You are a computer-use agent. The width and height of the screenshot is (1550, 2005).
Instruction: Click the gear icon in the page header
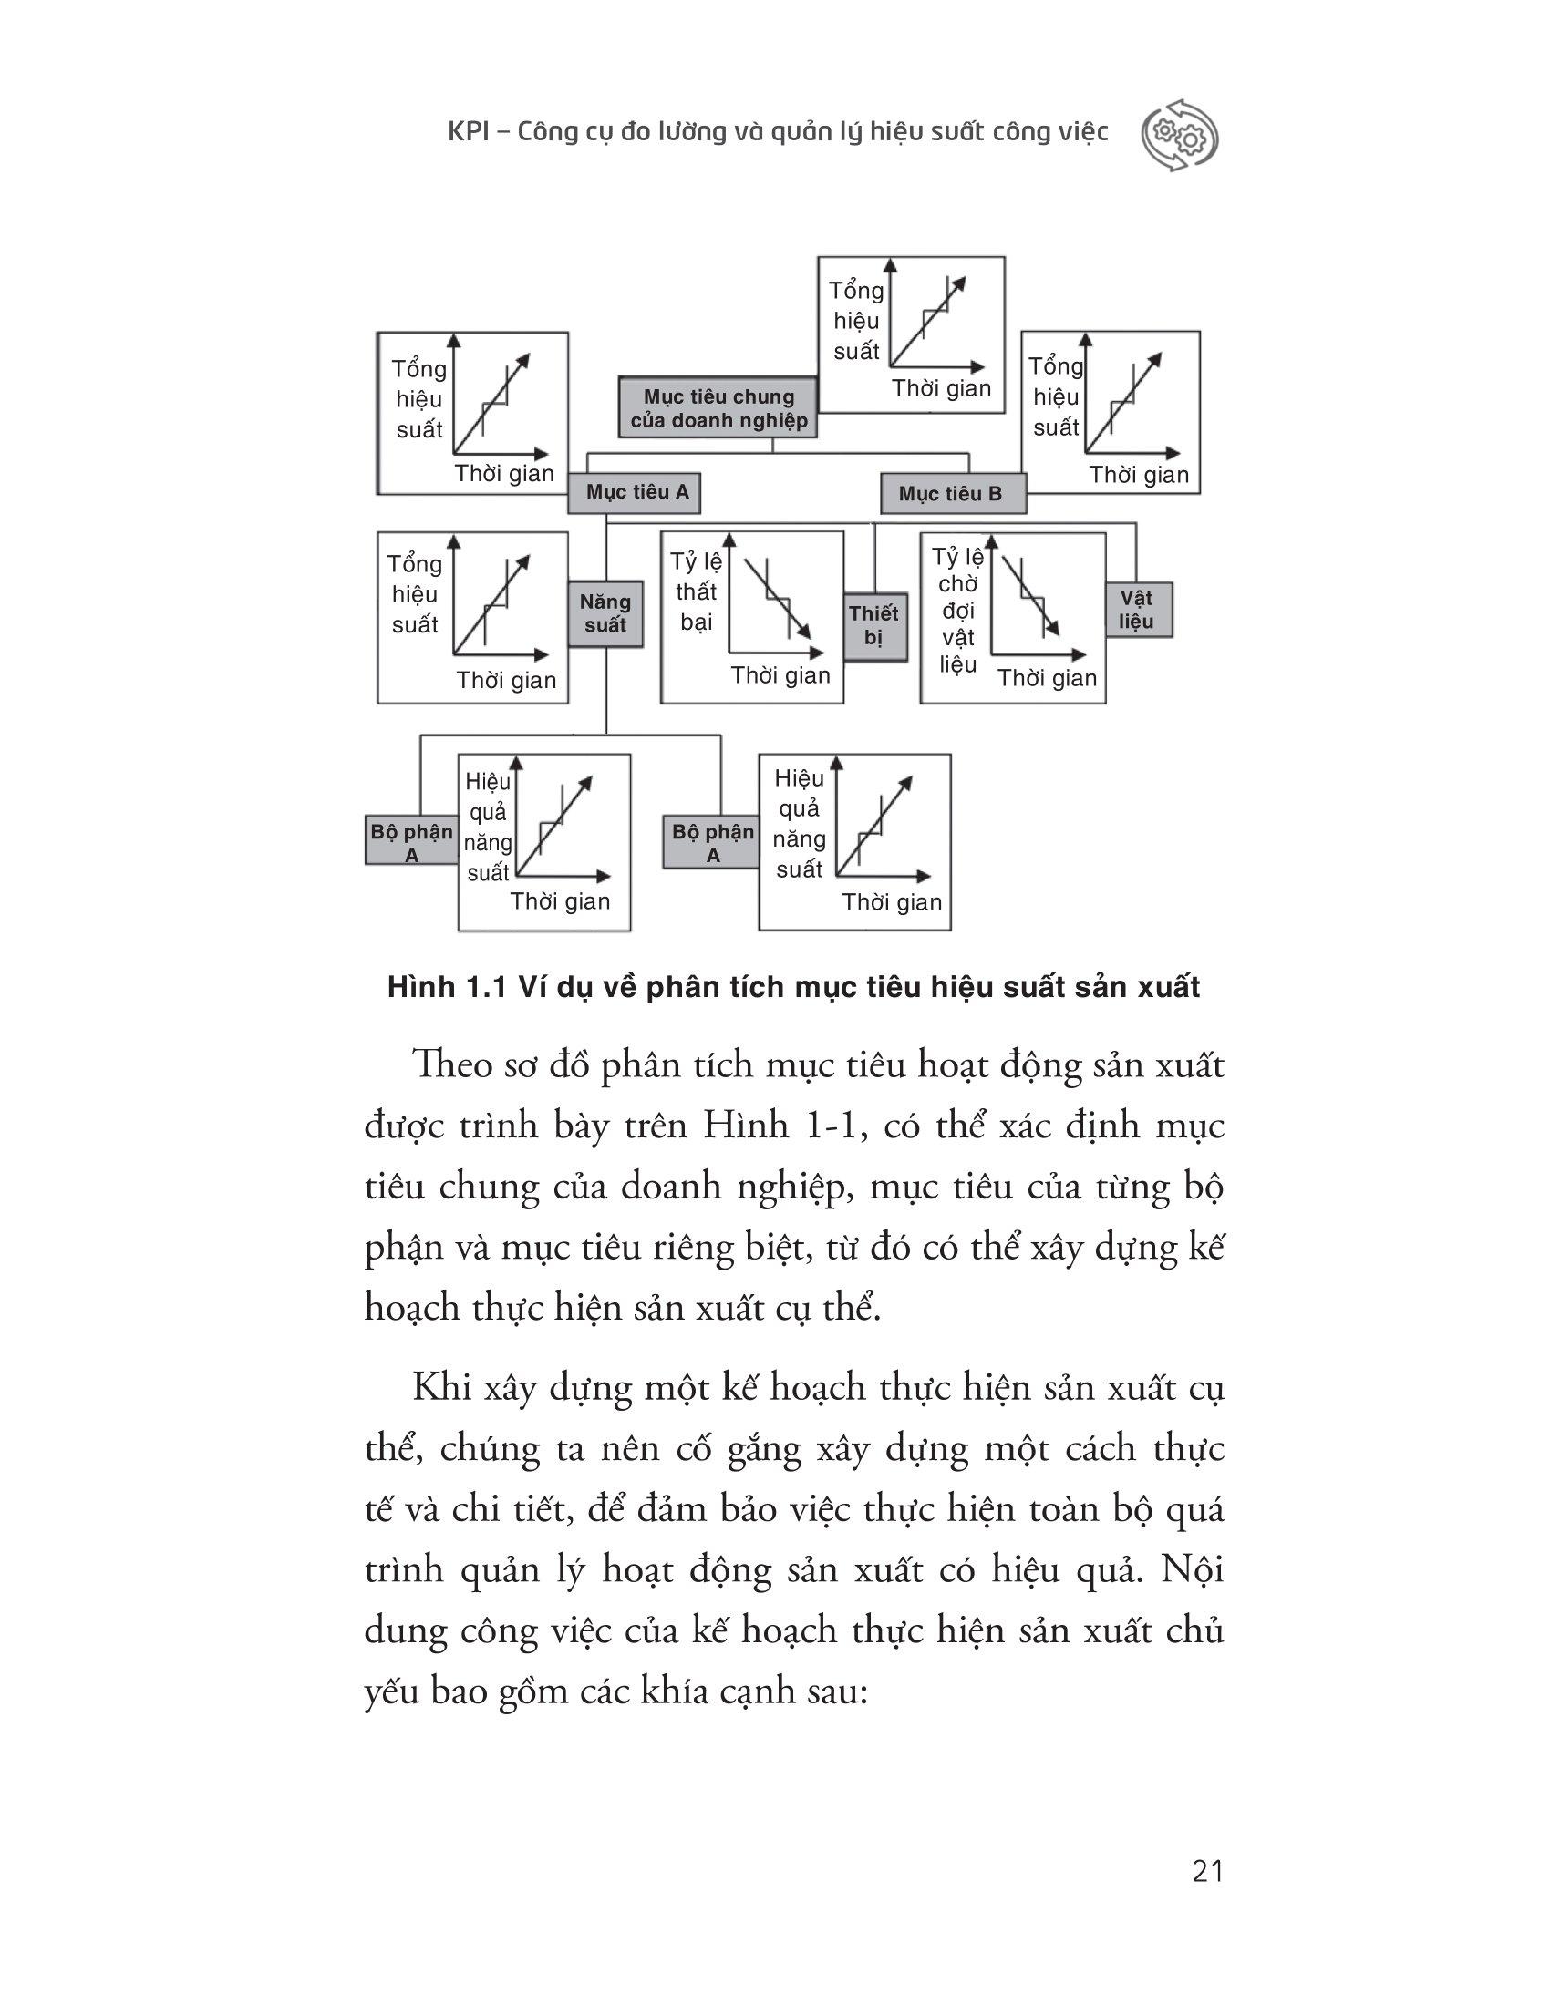click(x=1179, y=135)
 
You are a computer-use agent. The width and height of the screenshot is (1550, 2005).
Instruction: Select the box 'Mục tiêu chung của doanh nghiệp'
click(x=718, y=408)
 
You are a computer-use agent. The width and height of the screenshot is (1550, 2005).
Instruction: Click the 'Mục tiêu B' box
click(x=951, y=494)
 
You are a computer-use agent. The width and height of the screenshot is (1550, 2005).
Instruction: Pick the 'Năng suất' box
click(x=605, y=614)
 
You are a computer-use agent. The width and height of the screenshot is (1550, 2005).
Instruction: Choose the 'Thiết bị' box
click(x=873, y=625)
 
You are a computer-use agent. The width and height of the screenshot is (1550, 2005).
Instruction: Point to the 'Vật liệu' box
click(x=1136, y=610)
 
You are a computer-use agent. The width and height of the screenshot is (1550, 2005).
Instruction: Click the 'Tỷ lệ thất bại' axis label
click(x=696, y=591)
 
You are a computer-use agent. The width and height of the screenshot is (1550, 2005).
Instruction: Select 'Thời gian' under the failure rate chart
click(x=780, y=675)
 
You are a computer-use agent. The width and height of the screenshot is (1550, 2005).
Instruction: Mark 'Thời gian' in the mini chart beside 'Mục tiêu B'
click(x=1139, y=475)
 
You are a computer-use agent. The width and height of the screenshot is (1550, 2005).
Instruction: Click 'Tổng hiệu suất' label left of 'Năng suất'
click(x=415, y=594)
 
